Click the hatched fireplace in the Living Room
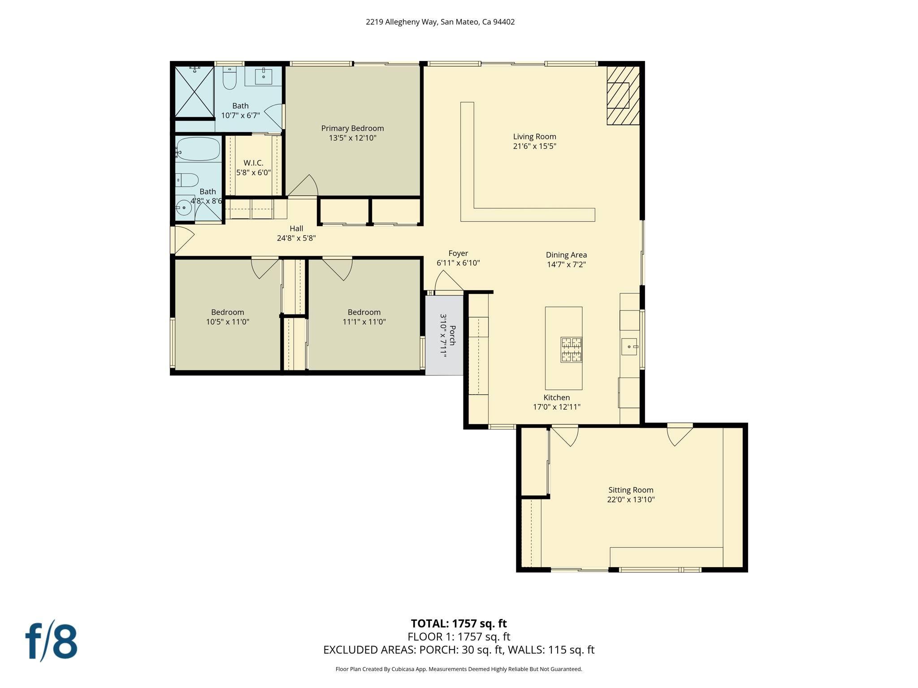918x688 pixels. [x=623, y=95]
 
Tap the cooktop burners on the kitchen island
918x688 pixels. [x=571, y=349]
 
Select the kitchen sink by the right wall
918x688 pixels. [x=629, y=347]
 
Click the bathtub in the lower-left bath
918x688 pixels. [x=198, y=149]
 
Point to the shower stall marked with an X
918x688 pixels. [x=194, y=92]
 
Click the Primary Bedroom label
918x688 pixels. [x=352, y=128]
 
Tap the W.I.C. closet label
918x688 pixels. [x=253, y=163]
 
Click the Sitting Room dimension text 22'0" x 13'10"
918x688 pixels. [x=631, y=499]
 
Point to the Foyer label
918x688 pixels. [x=458, y=254]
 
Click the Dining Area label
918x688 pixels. [x=566, y=255]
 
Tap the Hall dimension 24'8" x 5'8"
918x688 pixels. [x=296, y=238]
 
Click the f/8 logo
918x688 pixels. [x=51, y=641]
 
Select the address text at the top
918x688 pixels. [x=440, y=22]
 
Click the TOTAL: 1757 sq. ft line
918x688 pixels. [x=459, y=623]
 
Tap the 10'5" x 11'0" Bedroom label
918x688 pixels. [x=228, y=317]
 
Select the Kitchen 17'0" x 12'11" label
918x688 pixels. [x=556, y=402]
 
